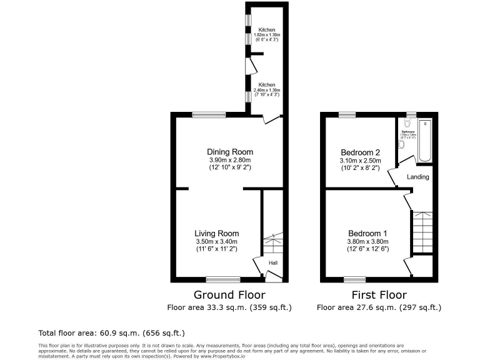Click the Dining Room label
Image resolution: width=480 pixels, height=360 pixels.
coord(230,152)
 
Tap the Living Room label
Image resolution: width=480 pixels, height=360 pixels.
coord(216,233)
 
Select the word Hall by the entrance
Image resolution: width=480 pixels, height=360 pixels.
coord(273,262)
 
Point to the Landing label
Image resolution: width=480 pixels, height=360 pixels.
coord(418,177)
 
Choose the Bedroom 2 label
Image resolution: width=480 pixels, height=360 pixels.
coord(360,152)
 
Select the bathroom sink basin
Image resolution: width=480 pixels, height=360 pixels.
coord(402,144)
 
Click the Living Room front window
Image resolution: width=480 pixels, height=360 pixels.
coord(223,279)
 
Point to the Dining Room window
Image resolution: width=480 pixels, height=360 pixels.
coord(209,114)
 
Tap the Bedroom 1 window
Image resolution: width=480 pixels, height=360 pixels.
coord(354,279)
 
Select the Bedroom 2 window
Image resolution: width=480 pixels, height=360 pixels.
coord(346,114)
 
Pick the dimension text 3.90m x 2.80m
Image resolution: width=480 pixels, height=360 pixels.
coord(230,160)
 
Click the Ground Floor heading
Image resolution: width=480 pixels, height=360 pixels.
coord(229,295)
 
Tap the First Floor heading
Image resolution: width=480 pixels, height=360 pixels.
coord(379,295)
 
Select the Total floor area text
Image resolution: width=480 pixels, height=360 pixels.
coord(111,333)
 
